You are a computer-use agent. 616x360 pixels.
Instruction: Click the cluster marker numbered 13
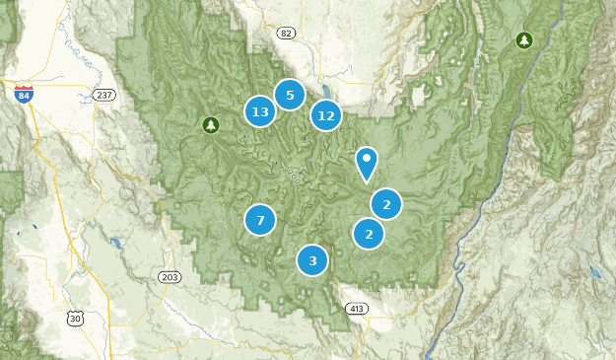[x=259, y=111]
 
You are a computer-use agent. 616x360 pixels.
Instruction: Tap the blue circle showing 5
[x=289, y=95]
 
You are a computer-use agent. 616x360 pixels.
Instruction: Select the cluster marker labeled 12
[x=326, y=115]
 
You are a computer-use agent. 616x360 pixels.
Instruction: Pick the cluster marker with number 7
[x=260, y=220]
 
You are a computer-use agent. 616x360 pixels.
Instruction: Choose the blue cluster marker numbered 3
[x=312, y=260]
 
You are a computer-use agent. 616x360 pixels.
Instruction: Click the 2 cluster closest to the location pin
[x=386, y=204]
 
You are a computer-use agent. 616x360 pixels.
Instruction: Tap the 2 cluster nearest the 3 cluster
[x=369, y=234]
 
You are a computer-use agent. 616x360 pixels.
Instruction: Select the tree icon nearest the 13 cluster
[x=209, y=124]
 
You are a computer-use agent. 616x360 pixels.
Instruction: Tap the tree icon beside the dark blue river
[x=524, y=40]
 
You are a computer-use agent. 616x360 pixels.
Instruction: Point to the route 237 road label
[x=104, y=95]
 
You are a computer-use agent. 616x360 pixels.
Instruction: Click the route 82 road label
[x=286, y=33]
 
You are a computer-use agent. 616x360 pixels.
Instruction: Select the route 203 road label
[x=169, y=276]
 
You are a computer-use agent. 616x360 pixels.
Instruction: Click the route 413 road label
[x=355, y=309]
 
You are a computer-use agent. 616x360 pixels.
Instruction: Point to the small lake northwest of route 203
[x=115, y=242]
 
